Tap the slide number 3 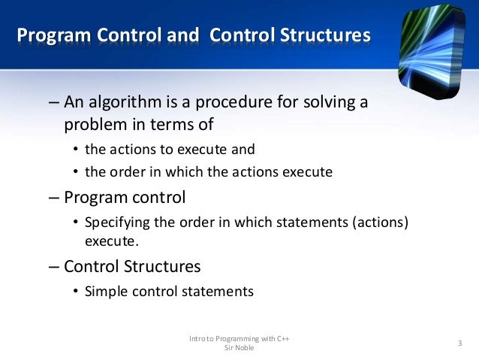pyautogui.click(x=459, y=343)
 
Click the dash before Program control pyautogui.click(x=53, y=198)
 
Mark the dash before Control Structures pyautogui.click(x=53, y=266)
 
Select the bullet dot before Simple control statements pyautogui.click(x=76, y=292)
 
